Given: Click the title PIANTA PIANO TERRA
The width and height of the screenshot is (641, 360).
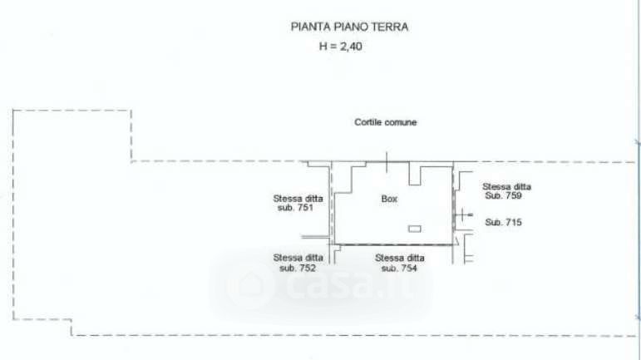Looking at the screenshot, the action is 349,27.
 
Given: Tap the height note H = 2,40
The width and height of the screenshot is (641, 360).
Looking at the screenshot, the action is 341,47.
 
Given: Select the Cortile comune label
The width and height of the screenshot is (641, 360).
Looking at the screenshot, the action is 386,122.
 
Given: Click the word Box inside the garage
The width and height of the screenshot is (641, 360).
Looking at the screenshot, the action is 389,199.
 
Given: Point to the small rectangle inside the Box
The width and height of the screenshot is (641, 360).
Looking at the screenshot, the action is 415,229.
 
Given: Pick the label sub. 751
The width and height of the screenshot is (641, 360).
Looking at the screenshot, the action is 296,208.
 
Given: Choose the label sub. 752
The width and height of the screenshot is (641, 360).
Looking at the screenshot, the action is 298,268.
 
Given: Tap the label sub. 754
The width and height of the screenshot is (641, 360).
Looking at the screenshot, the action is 399,268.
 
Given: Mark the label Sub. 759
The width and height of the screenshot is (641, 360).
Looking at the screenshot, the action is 503,195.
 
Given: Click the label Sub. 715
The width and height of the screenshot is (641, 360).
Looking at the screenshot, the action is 503,222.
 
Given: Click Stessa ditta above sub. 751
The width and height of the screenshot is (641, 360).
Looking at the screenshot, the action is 298,199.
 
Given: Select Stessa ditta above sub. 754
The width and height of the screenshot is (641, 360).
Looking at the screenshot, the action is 399,259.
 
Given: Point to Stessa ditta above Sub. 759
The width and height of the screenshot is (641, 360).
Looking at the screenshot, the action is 506,187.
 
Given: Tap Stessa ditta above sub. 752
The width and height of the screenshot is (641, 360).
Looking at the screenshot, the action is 298,259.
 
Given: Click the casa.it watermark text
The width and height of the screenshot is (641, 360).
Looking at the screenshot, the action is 351,285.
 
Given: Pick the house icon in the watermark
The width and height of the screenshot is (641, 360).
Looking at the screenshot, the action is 249,285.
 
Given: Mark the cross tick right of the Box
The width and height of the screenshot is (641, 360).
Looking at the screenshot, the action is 463,215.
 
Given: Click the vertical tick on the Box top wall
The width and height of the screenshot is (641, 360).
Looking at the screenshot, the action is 387,162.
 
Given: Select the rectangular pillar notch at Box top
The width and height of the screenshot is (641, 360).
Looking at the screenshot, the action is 415,173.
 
